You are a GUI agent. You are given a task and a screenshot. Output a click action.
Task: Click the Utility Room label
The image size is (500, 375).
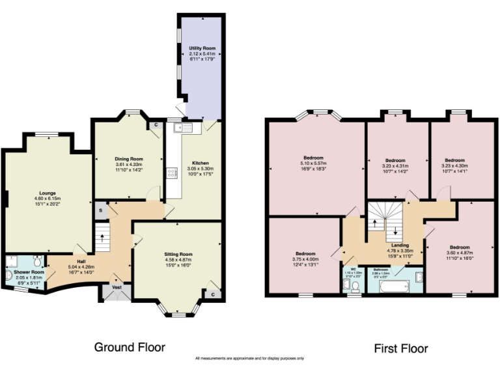198,48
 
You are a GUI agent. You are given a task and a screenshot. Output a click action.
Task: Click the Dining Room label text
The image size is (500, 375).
129,159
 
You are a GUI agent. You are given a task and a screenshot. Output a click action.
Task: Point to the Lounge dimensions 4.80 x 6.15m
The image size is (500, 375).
48,199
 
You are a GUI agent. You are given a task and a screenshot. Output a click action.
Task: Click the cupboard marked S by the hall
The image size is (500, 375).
101,210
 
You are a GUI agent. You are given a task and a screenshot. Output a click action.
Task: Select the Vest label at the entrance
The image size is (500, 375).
117,287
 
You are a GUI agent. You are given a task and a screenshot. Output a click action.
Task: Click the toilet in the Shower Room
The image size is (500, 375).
38,262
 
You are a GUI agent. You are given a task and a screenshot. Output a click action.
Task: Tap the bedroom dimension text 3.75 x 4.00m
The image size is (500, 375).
305,258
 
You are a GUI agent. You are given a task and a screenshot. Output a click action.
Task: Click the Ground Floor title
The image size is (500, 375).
130,347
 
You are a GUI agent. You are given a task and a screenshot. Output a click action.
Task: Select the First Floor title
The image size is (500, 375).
401,348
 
